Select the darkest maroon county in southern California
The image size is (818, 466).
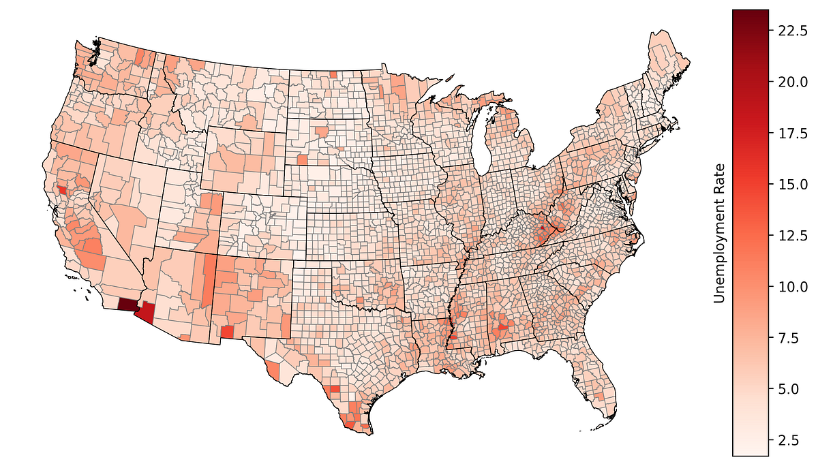pos(127,305)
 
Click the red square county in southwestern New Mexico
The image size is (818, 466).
pos(228,331)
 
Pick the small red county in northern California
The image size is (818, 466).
pos(63,191)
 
